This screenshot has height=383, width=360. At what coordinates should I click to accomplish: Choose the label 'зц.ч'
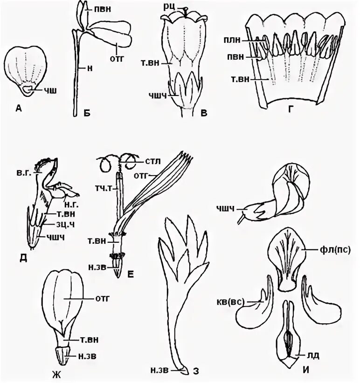coord(55,225)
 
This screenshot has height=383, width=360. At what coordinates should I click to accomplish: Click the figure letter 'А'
coord(18,109)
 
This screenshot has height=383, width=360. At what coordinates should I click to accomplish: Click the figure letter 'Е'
coord(131,275)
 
